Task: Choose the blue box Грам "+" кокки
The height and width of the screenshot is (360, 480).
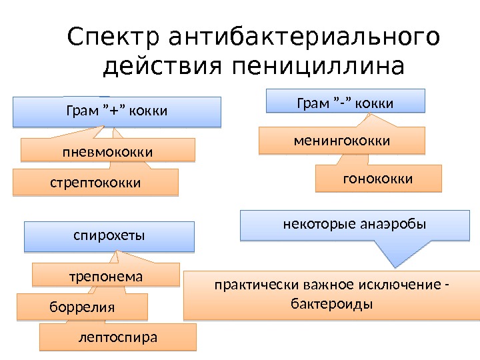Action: point(116,111)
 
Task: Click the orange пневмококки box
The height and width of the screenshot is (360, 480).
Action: point(107,152)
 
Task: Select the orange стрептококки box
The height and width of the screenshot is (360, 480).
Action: point(96,181)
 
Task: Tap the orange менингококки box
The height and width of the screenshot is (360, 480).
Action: point(342,141)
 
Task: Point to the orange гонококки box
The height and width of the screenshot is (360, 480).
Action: point(378,179)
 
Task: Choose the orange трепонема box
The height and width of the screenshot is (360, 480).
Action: point(107,275)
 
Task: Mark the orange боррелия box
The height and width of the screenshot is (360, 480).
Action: point(83,308)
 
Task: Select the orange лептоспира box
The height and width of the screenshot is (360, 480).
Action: point(118,337)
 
